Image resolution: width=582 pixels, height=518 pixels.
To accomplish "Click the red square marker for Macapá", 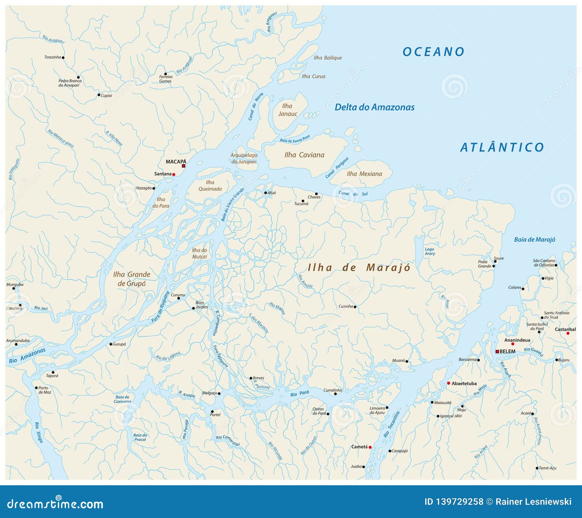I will coord(184,166).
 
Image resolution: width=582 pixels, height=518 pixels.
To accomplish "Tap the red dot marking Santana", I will coord(174,175).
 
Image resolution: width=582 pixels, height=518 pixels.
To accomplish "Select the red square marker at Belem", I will coord(497,351).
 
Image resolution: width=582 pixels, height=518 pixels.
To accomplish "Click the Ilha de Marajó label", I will coord(359,268).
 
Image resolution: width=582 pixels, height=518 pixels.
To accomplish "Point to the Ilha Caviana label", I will coord(304,155).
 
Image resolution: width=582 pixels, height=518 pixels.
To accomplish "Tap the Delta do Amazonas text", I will coord(374,107).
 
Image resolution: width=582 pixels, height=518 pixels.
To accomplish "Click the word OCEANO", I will coord(433,52).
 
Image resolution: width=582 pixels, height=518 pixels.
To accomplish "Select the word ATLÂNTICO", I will coord(502,147).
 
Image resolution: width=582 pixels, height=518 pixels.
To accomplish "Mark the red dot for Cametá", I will coord(370,447).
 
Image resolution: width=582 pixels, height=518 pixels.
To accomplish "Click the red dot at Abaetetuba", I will coord(449,383).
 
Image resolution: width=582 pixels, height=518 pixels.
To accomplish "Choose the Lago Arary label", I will coord(430,251).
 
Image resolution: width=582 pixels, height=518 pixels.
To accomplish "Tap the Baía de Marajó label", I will coord(534,240).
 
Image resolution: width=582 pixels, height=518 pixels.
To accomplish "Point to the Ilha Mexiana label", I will coord(364,174).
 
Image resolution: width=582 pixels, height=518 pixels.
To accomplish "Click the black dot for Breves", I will coord(251,378).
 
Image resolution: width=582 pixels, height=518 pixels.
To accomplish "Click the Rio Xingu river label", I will coord(39,433).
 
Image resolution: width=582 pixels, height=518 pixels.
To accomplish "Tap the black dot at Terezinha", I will coord(63,57).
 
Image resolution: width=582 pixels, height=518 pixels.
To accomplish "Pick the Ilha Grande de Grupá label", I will coord(131,279).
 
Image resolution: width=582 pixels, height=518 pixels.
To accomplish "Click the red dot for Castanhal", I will coord(568,333).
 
